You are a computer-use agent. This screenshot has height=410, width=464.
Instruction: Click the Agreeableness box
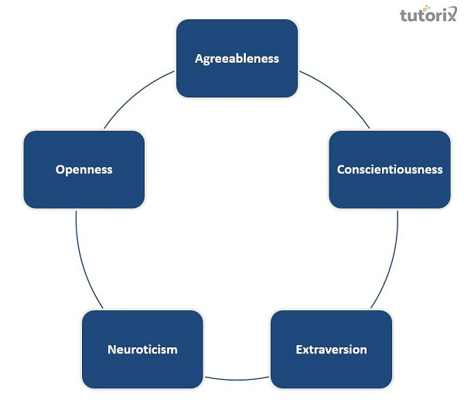coord(237,59)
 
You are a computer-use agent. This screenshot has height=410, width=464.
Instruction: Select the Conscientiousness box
coord(390,169)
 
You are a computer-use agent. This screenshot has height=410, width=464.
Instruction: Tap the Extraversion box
coord(331,349)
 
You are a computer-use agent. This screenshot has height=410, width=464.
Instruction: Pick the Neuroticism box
coord(142,349)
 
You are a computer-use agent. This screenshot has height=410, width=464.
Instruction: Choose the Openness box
coord(84,169)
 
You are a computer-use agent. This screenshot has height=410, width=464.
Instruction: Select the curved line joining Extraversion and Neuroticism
coord(237,378)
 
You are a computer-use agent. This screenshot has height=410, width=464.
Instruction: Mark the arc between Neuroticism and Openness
coord(84,263)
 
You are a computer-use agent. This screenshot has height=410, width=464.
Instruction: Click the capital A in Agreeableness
coord(199,59)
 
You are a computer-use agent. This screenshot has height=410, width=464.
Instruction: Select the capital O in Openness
coord(60,169)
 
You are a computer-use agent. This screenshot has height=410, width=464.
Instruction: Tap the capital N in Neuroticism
coord(111,349)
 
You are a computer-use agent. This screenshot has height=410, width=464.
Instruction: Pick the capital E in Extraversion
coord(299,349)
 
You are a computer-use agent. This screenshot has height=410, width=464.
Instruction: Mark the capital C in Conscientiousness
coord(341,169)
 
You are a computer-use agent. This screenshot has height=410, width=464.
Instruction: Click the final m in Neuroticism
coord(172,350)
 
